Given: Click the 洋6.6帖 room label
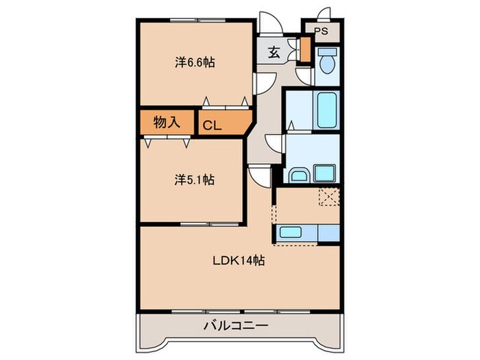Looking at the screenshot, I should coord(195,62).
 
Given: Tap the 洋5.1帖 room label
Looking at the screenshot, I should coord(195,180).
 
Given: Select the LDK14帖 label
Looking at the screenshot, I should coord(238,260).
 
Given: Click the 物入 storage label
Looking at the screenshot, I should coord(167,123).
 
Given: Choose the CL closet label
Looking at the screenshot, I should coord(211,125).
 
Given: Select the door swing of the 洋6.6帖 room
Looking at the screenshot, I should coord(263,82).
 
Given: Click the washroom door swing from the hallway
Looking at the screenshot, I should coord(275,143).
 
